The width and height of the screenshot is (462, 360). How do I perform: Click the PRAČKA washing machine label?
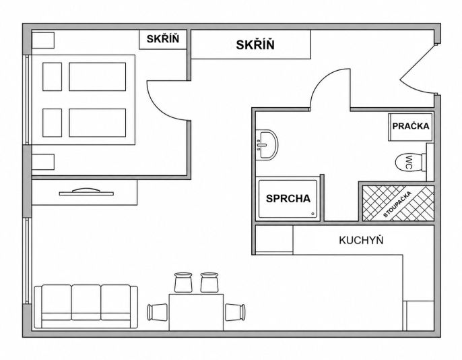coord(411,126)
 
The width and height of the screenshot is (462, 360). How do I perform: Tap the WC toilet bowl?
coord(409,162)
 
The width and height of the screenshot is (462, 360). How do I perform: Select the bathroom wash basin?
coord(267,145)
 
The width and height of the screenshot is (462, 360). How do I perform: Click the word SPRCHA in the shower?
coord(288,198)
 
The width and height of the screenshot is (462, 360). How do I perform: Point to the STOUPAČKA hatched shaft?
coord(398,203)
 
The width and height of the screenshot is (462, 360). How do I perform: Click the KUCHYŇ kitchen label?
coord(361,240)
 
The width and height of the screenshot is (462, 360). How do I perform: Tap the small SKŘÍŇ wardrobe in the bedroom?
coord(163,39)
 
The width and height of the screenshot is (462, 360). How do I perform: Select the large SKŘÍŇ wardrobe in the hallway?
coord(251,44)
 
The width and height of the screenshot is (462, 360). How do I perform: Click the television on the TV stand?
coord(86,192)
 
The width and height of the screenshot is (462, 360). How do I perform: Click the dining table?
coord(196,312)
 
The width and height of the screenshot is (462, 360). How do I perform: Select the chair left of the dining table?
coord(157,312)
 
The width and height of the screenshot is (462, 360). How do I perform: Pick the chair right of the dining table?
coord(235,312)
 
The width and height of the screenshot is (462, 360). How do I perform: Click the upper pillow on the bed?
coord(52,77)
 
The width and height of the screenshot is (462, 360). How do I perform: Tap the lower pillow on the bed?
coord(52,123)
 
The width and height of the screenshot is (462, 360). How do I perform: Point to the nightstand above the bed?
coord(43,40)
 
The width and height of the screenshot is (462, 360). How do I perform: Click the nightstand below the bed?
coord(43,162)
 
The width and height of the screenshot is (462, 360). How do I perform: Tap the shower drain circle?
coord(312,214)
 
